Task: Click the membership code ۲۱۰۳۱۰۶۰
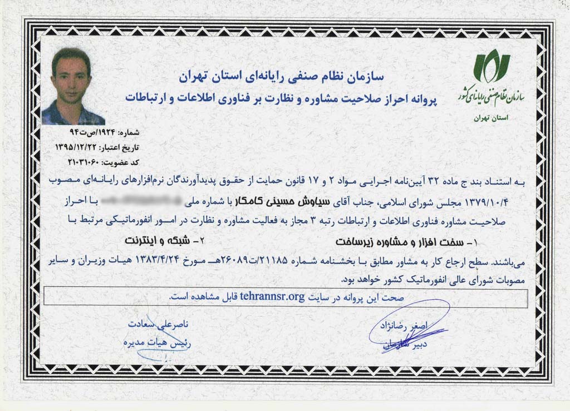click(x=77, y=162)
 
